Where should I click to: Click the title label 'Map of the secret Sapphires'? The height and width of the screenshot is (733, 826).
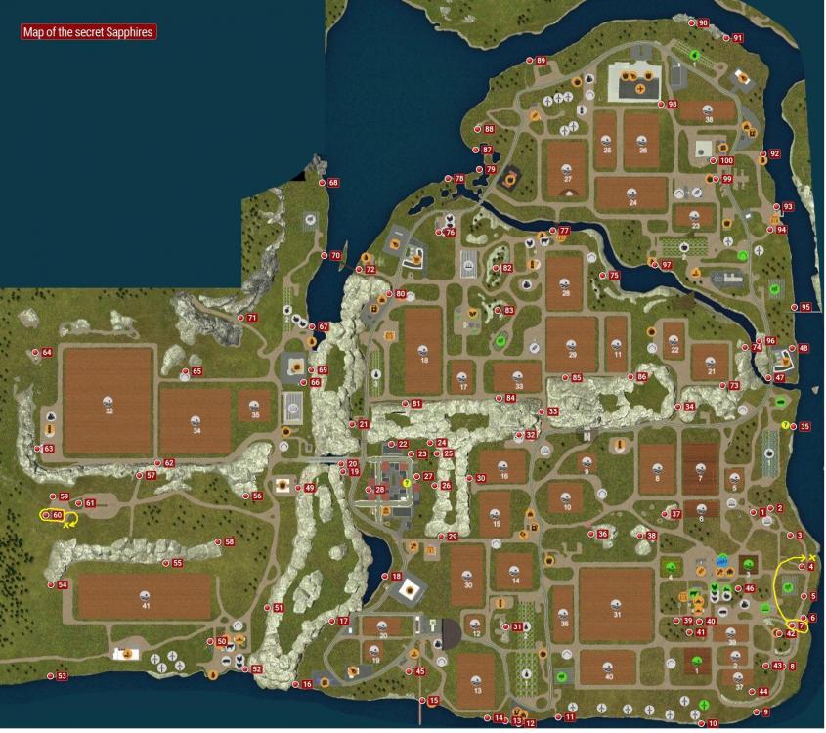pyautogui.click(x=89, y=32)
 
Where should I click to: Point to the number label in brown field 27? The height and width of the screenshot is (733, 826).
pyautogui.click(x=567, y=180)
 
